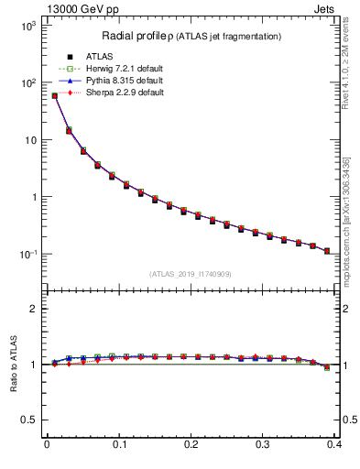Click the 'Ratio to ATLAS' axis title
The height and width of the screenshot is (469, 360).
pyautogui.click(x=12, y=364)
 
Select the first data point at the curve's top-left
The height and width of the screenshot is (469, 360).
pyautogui.click(x=54, y=95)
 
